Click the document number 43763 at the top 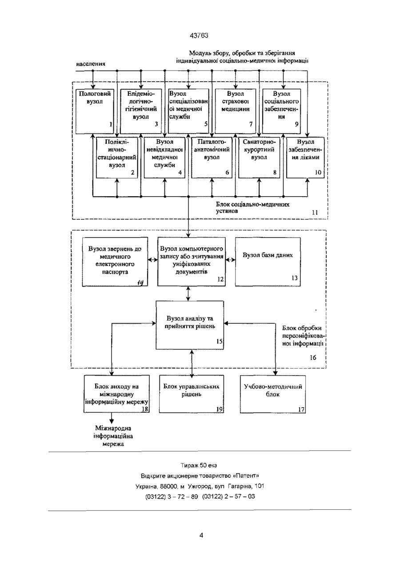coord(199,36)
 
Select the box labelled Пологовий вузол coord(95,111)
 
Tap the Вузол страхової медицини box coord(236,111)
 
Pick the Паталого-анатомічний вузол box coord(212,158)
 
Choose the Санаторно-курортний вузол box coord(259,158)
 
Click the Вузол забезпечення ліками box coord(305,158)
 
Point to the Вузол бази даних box coord(268,262)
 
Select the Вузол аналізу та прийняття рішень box coord(190,325)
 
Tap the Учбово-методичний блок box coord(273,394)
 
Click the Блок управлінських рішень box coord(192,394)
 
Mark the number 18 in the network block coord(145,409)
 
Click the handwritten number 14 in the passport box coord(140,283)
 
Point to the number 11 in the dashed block coord(315,212)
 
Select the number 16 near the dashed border coord(313,357)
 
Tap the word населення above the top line coord(91,64)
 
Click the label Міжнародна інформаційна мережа coord(113,436)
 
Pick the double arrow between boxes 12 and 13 coord(230,260)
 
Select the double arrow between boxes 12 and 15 coord(189,293)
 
